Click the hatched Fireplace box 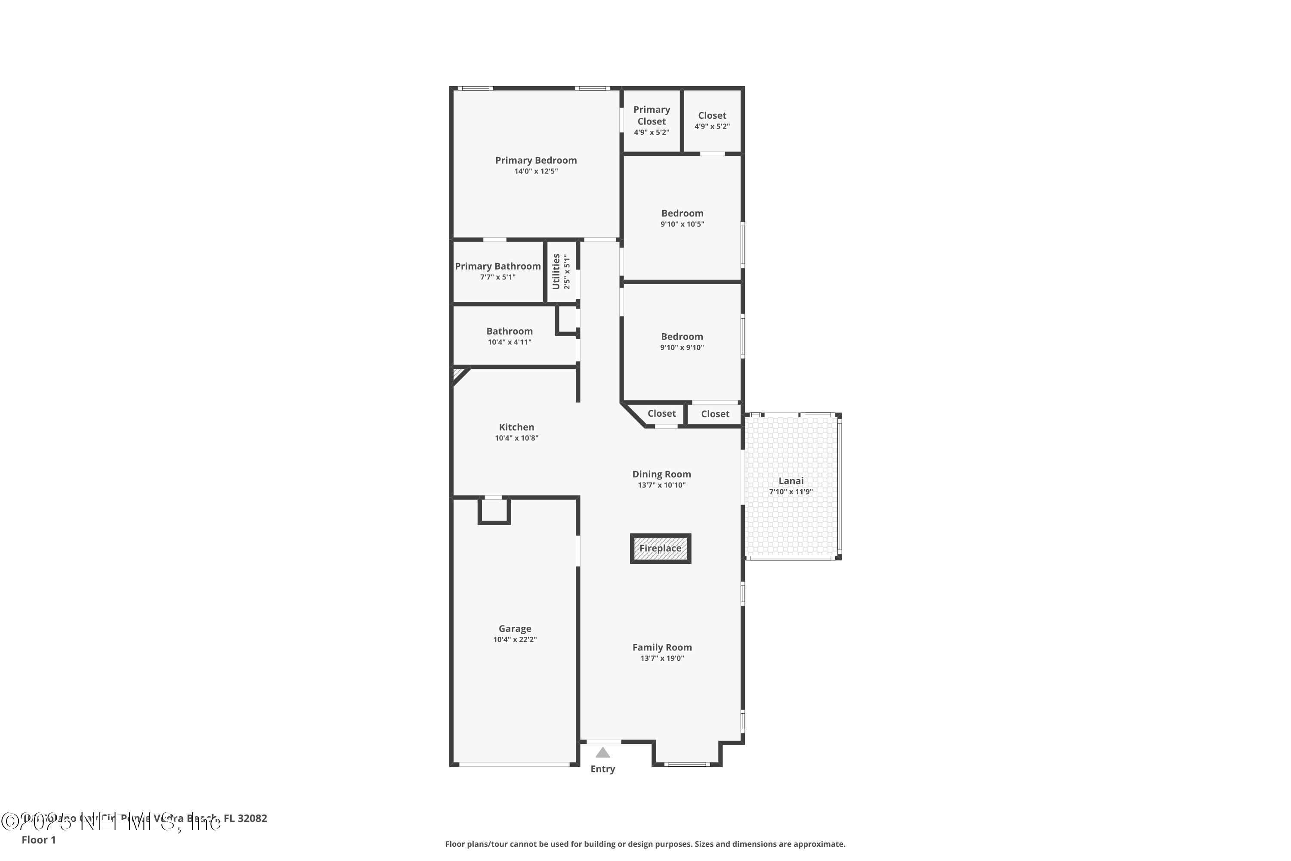click(x=660, y=548)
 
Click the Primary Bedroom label click(x=536, y=160)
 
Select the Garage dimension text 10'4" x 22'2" click(x=515, y=640)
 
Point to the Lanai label click(x=791, y=481)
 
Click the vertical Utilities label click(x=556, y=271)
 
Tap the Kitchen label click(x=516, y=427)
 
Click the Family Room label click(x=662, y=647)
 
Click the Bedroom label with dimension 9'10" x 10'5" click(x=682, y=214)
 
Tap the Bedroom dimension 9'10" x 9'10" click(x=682, y=347)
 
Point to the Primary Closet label click(x=652, y=115)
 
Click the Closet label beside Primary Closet click(x=712, y=116)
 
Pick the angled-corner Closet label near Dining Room click(x=661, y=413)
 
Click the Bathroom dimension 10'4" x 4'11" click(x=510, y=342)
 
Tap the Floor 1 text click(x=38, y=839)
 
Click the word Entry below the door click(x=603, y=769)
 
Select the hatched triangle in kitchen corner click(x=457, y=373)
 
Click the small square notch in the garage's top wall click(x=494, y=510)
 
